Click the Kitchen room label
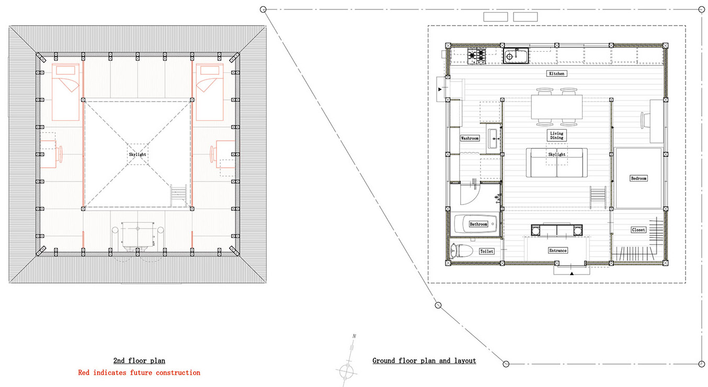(x=556, y=74)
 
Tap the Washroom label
(x=470, y=138)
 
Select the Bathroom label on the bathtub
(x=478, y=224)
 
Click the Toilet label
(x=486, y=252)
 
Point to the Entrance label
(x=557, y=251)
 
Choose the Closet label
(x=638, y=230)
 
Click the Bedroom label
(x=638, y=178)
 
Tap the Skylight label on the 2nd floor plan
(x=138, y=155)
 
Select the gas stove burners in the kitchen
(x=476, y=55)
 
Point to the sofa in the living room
(x=556, y=163)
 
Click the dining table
(x=556, y=107)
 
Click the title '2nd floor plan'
(x=139, y=361)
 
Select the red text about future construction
(x=139, y=373)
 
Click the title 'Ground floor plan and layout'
(x=424, y=361)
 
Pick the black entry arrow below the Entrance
(x=572, y=274)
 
